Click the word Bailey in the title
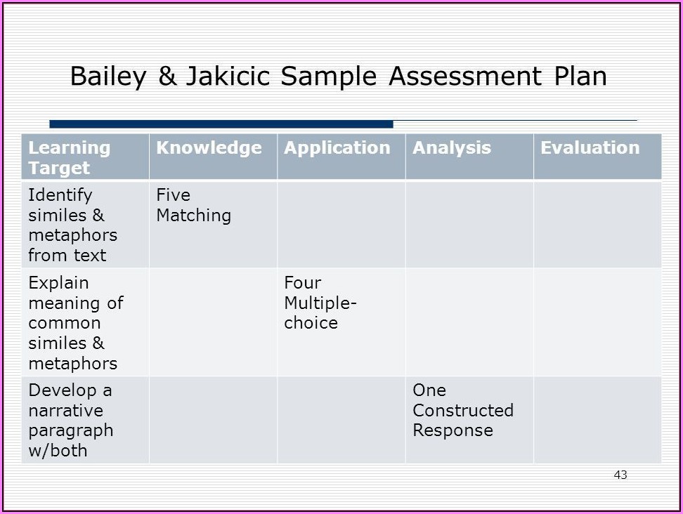point(108,77)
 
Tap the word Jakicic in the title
point(228,77)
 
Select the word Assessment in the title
point(464,76)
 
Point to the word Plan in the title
point(580,76)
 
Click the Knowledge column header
point(209,148)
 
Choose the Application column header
point(337,148)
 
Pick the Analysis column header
point(452,148)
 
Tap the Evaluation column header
point(590,148)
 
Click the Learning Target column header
point(70,158)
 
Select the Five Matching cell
point(194,205)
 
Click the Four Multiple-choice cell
point(320,303)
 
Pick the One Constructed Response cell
point(463,410)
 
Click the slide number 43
point(620,475)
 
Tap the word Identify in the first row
point(60,195)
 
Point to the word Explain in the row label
point(58,284)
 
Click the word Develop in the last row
point(63,391)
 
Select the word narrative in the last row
point(66,410)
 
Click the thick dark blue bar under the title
point(221,124)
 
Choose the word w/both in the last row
point(58,451)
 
